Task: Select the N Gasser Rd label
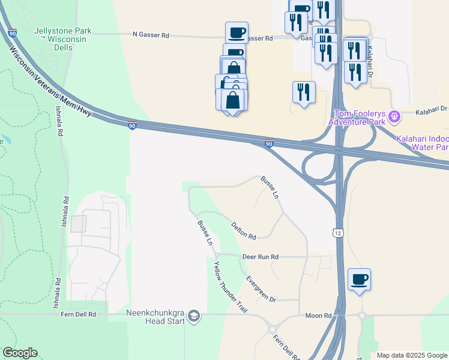click(x=151, y=35)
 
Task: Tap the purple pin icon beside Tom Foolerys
click(x=394, y=116)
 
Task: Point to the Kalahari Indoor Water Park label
click(x=423, y=143)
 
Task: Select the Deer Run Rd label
click(x=261, y=257)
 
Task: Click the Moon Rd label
click(x=318, y=316)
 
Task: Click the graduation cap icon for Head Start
click(x=194, y=316)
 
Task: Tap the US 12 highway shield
click(x=337, y=232)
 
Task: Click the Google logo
click(x=20, y=353)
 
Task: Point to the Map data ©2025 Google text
click(x=412, y=355)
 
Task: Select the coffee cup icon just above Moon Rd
click(x=359, y=279)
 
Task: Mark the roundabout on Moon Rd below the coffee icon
click(x=362, y=314)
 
